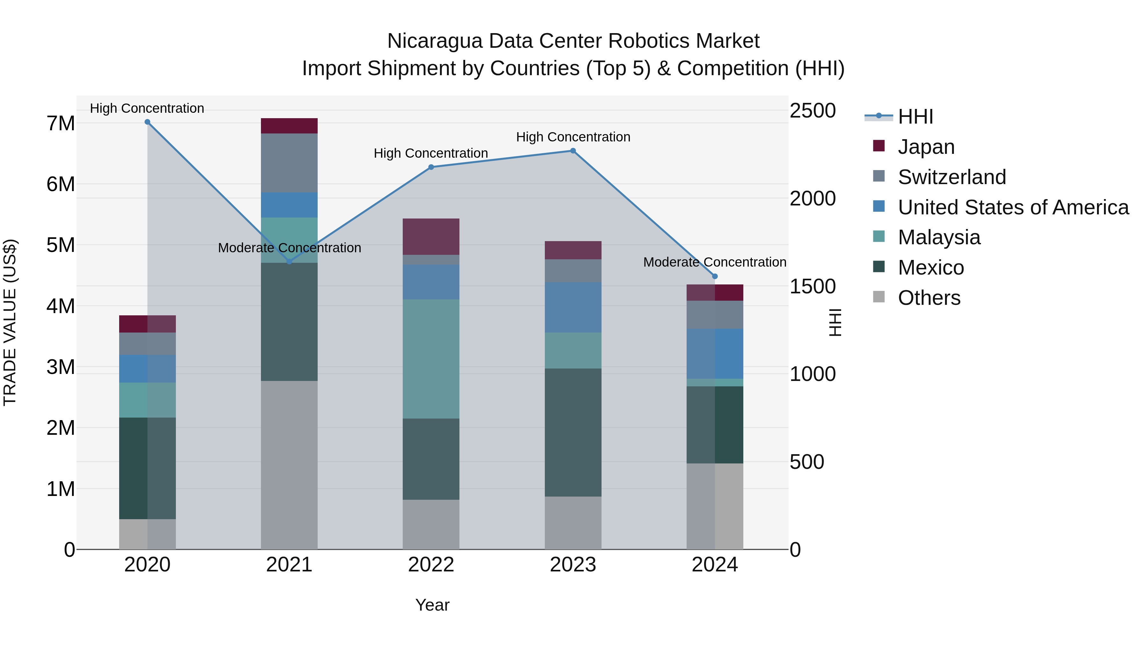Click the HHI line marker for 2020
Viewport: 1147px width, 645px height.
pos(148,122)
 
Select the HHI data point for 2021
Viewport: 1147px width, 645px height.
pos(289,262)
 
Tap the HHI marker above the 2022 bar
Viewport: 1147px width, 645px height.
pos(431,167)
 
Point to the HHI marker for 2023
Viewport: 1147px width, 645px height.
pos(573,151)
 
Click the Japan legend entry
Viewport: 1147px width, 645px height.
pos(926,147)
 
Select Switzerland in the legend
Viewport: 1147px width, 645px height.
pos(951,177)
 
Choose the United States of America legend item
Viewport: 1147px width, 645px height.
pos(1013,207)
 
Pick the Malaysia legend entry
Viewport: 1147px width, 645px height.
pos(939,237)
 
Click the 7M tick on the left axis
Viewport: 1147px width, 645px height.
pos(61,123)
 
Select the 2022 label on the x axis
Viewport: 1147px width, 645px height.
pos(431,565)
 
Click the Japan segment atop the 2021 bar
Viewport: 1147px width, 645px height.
pos(289,126)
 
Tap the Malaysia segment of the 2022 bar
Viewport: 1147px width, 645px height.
pos(431,359)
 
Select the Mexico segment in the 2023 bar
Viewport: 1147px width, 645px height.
pos(573,432)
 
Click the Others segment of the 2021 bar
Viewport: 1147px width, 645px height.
pos(289,465)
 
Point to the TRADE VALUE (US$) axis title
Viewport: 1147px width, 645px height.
pos(10,322)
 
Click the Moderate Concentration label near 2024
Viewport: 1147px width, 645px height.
pos(715,262)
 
